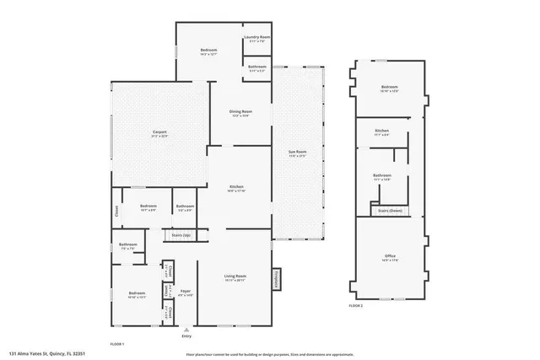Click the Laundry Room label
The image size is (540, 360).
click(x=257, y=38)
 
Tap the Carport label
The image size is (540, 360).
click(x=159, y=132)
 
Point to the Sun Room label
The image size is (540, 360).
click(x=298, y=153)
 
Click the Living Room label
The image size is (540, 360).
click(x=235, y=277)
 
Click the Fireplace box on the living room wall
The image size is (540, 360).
click(x=276, y=279)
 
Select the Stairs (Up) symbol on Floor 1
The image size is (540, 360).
click(x=181, y=235)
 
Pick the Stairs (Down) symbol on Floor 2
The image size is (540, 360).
click(x=390, y=211)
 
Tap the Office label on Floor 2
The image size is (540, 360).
click(x=390, y=256)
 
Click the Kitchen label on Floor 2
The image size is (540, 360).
click(x=382, y=132)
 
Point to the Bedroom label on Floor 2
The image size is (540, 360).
click(x=389, y=88)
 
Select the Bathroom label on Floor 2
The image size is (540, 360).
click(x=382, y=176)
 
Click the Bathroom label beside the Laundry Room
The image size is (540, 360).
click(x=257, y=67)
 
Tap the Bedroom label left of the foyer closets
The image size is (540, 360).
click(x=137, y=294)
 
